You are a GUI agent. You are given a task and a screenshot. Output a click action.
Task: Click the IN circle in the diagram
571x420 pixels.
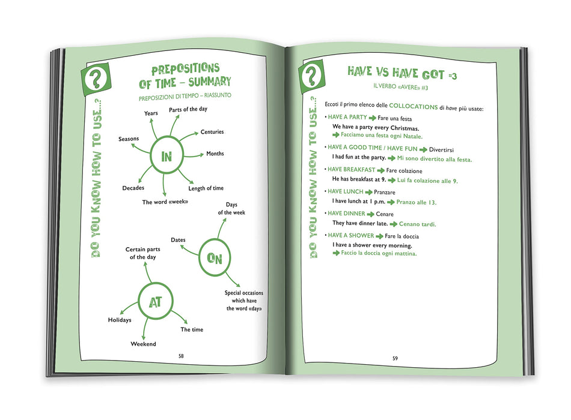point(150,157)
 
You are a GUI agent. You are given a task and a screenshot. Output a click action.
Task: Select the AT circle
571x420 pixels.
point(138,302)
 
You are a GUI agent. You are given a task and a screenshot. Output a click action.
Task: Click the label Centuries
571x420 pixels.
point(212,131)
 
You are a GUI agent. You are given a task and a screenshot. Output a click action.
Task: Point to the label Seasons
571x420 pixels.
point(129,139)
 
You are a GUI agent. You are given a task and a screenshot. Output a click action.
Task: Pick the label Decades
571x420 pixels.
point(133,188)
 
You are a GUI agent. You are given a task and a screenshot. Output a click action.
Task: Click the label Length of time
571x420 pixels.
point(206,188)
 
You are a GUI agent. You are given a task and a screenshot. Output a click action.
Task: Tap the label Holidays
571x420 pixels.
point(120,320)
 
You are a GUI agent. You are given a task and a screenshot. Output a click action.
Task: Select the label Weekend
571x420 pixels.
point(143,344)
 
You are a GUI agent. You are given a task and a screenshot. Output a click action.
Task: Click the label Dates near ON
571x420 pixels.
point(178,240)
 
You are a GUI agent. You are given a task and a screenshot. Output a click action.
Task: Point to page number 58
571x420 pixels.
point(181,356)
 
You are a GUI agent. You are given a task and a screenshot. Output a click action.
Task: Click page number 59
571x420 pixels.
point(395,358)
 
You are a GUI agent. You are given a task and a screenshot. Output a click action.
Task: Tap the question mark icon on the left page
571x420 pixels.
point(96,79)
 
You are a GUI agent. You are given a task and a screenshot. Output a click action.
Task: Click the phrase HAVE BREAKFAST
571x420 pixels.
point(352,169)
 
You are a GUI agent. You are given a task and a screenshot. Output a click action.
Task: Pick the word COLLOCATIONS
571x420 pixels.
point(414,106)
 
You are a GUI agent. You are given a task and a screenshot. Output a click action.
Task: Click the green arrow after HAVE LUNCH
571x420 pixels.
point(369,193)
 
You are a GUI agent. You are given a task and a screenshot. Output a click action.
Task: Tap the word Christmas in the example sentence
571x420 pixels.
point(405,128)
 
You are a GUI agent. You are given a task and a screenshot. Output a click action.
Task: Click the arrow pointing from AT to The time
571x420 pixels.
point(179,317)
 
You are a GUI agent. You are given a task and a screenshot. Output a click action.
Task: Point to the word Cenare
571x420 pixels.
point(385,214)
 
